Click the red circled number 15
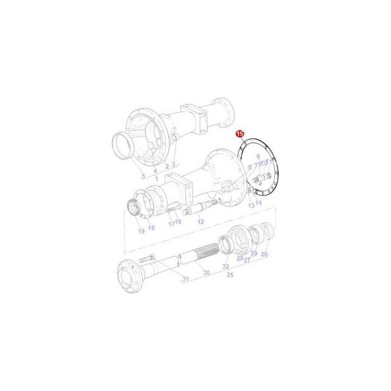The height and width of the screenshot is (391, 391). tap(240, 134)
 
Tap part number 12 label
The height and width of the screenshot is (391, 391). tap(201, 222)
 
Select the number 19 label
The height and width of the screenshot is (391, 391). tap(141, 231)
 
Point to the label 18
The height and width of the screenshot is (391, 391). tap(151, 228)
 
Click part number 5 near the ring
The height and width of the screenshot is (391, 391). tap(144, 177)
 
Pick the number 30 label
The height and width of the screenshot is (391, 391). tap(206, 273)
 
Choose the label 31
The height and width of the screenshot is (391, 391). tap(186, 279)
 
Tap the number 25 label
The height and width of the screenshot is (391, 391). tap(230, 275)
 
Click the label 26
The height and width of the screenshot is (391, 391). tap(264, 254)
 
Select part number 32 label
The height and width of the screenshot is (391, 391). tap(226, 267)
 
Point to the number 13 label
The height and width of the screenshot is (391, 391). tap(251, 206)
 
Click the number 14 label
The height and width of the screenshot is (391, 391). tap(258, 202)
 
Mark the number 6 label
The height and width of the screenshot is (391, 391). tap(258, 158)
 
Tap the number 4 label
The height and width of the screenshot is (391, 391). tap(155, 170)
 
